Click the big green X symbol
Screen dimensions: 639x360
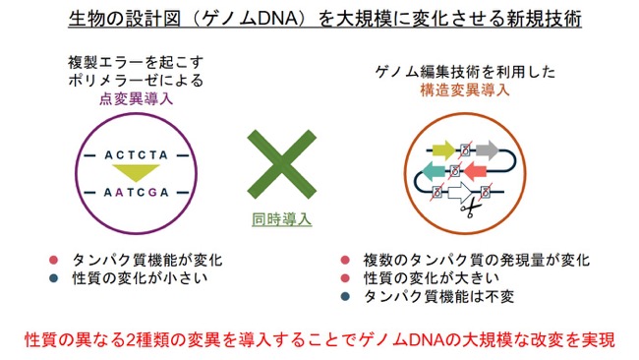coord(281,164)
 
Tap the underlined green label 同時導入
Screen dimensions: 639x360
coord(281,219)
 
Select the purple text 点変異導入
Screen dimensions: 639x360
coord(136,98)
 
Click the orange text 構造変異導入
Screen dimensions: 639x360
coord(465,90)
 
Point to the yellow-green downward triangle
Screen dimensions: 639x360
coord(136,172)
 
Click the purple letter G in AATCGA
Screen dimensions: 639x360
coord(152,192)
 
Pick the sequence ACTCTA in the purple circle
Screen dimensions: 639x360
coord(136,155)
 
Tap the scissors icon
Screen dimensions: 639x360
coord(471,210)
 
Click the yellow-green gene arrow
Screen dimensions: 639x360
coord(443,150)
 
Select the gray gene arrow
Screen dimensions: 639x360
coord(487,150)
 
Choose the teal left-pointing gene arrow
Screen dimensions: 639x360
coord(436,171)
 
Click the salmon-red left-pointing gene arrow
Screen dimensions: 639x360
coord(475,171)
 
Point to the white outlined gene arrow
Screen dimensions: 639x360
coord(460,192)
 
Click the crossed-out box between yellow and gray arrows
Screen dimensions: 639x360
coord(465,150)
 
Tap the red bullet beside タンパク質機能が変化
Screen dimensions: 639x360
coord(53,260)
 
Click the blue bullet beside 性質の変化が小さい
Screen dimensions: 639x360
coord(53,278)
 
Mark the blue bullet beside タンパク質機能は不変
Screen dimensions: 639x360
coord(345,296)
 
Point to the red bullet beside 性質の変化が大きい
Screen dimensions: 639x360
coord(345,278)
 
